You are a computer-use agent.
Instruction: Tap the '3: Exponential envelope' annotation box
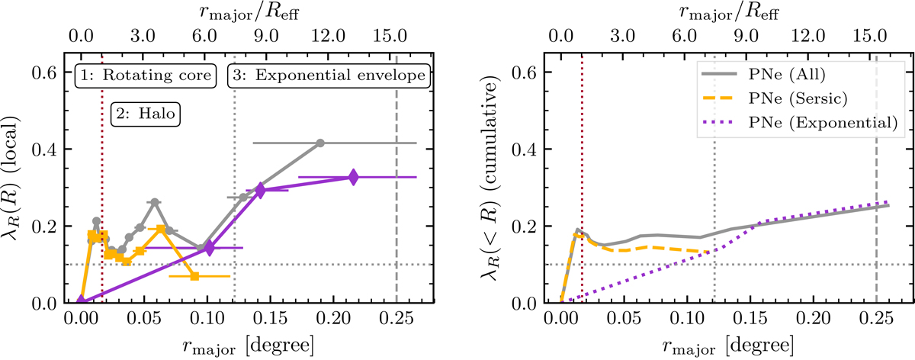coord(329,76)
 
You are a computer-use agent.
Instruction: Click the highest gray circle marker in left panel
coord(320,143)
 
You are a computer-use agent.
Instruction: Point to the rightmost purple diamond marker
coord(352,177)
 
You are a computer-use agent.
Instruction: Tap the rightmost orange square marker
coord(194,276)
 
